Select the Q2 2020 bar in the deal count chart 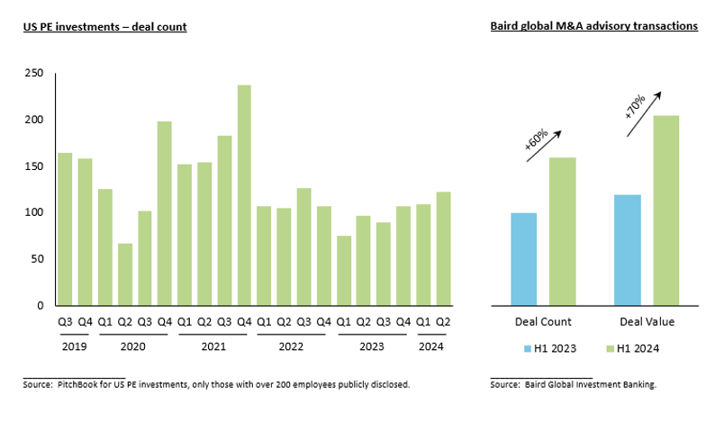point(125,274)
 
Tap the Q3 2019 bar point(66,229)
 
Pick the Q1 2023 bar point(343,271)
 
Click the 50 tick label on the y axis point(37,259)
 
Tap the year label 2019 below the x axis point(76,346)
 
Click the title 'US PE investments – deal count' point(104,27)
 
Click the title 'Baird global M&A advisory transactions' point(594,27)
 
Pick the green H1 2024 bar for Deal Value point(666,210)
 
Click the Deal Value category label point(648,321)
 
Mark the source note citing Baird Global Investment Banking point(573,384)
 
